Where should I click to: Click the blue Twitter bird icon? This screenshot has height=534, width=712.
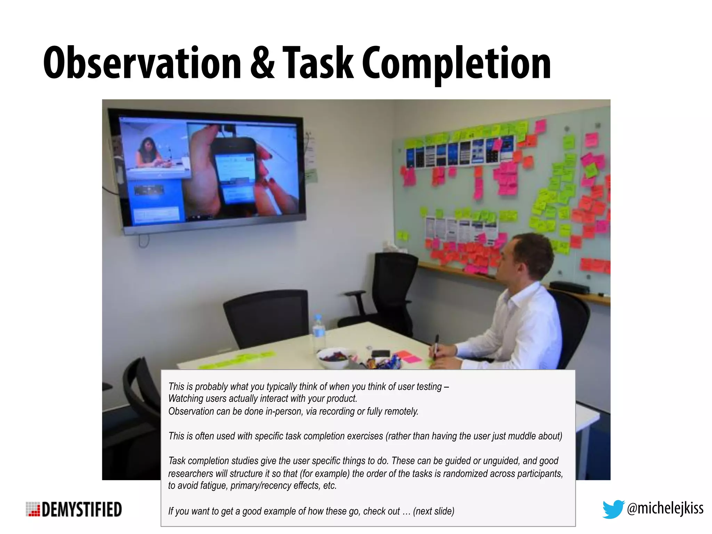coord(613,509)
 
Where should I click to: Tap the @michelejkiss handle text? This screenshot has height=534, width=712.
coord(665,508)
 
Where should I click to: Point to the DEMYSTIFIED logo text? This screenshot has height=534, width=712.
coord(82,510)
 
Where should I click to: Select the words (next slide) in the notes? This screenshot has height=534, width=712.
coord(434,511)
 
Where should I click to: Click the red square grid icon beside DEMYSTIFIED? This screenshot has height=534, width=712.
coord(33,509)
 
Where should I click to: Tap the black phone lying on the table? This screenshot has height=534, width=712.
coord(381,353)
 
